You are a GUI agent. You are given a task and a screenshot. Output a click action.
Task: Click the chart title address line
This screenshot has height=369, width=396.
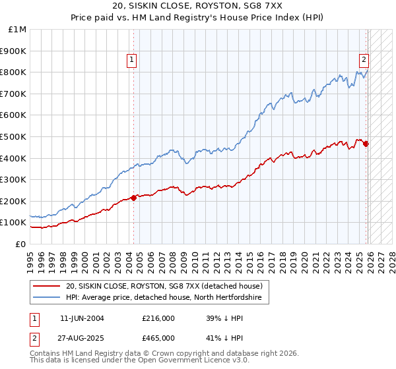click(198, 6)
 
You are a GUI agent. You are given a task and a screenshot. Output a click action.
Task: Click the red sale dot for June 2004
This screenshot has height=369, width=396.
click(133, 197)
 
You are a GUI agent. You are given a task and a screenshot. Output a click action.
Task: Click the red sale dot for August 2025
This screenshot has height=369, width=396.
click(366, 144)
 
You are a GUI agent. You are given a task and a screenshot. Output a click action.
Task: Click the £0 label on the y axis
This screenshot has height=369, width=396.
click(21, 244)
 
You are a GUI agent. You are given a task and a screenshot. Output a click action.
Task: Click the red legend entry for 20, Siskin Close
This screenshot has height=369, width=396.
click(164, 286)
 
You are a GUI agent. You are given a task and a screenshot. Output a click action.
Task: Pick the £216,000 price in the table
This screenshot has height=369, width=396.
click(158, 318)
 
